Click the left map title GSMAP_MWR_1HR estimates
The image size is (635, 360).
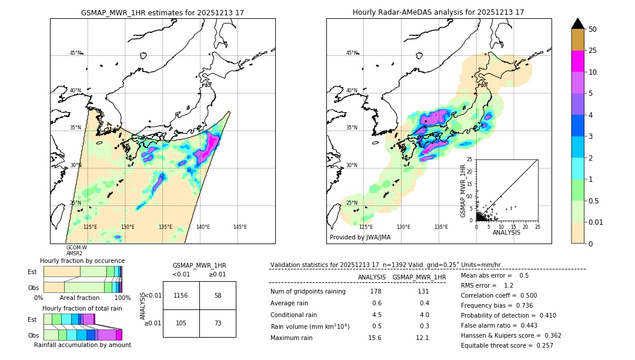(x=162, y=12)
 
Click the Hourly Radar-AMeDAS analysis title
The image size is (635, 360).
(x=438, y=12)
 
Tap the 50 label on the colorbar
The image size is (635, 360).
(x=593, y=29)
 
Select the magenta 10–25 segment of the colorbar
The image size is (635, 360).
(x=578, y=61)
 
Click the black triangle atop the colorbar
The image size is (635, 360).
(x=578, y=24)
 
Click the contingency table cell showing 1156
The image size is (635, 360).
(x=181, y=295)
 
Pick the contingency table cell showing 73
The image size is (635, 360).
(x=218, y=323)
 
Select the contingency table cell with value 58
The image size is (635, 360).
(x=218, y=295)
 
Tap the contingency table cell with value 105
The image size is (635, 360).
(x=181, y=323)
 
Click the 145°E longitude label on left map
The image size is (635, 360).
(x=240, y=227)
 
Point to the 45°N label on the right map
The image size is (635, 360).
(x=352, y=53)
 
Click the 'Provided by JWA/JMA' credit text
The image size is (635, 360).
(x=360, y=238)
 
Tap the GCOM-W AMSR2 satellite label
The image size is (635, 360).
(x=76, y=251)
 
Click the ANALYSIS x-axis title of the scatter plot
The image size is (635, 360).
(x=506, y=232)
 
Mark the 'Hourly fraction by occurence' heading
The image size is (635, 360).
(x=82, y=261)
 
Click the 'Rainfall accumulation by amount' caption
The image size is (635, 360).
(x=82, y=345)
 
